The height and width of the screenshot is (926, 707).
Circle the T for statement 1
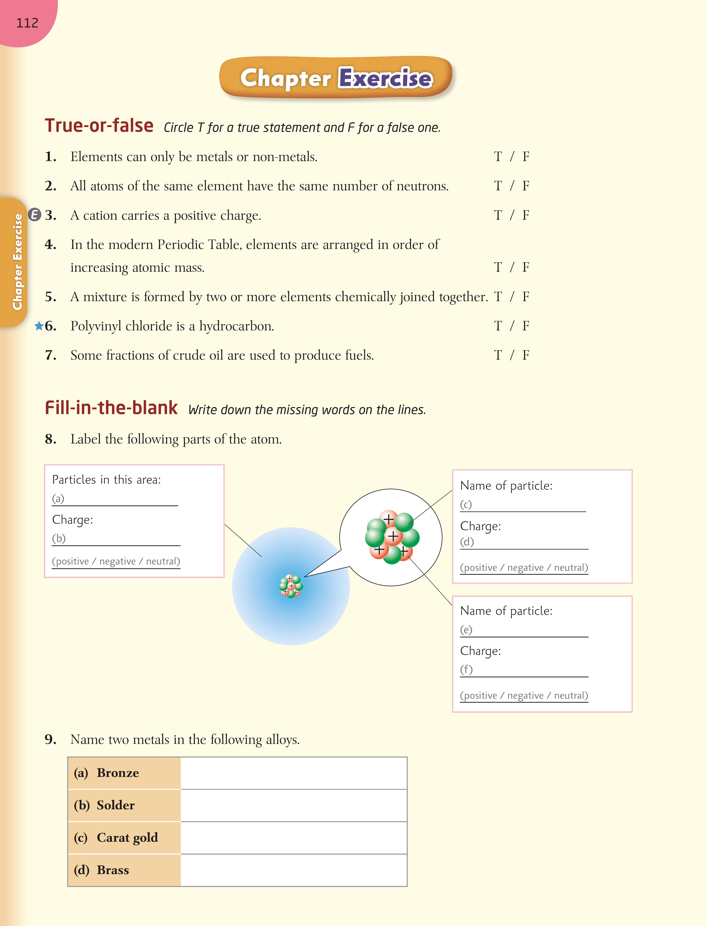pos(498,157)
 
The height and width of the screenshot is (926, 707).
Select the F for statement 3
pos(526,215)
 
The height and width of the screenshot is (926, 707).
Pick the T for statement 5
pos(498,297)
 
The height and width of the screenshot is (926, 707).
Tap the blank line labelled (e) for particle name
pos(530,631)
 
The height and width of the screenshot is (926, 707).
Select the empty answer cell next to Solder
pos(293,805)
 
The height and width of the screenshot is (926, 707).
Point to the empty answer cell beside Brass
pos(293,870)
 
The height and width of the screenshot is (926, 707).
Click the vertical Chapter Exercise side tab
pos(17,262)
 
